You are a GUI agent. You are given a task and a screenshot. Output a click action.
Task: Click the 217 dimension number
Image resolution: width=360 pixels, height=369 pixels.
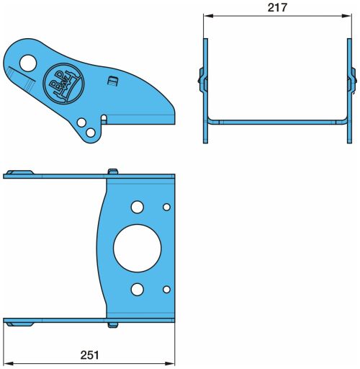point(277,8)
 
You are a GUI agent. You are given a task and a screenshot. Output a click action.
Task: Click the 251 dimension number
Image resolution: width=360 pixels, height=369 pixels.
point(89,355)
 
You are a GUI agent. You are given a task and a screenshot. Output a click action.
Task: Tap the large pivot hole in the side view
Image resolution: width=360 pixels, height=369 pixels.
point(28,63)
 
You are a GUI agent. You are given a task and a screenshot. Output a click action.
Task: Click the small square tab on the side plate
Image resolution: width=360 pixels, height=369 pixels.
point(112,81)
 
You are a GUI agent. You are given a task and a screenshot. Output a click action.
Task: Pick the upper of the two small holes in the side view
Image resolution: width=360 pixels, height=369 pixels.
point(81,123)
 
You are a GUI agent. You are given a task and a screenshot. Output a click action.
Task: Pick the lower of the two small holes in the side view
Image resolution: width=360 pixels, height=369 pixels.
point(91,133)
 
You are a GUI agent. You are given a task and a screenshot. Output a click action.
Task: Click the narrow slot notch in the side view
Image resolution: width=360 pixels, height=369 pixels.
point(104,119)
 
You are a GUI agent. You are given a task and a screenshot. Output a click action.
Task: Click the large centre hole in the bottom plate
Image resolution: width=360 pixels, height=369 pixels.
point(138,249)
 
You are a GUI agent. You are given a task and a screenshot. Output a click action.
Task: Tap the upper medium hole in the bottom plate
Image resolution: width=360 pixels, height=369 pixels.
point(138,207)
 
